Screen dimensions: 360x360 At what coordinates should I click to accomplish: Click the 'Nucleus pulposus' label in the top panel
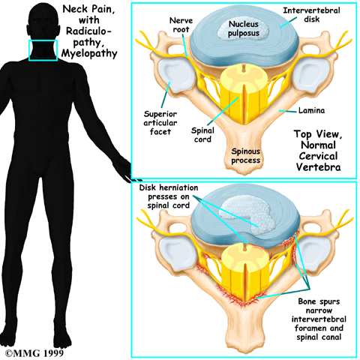click(244, 28)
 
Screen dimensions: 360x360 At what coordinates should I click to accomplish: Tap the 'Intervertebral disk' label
click(311, 14)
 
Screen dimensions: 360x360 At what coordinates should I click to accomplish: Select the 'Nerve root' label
click(181, 25)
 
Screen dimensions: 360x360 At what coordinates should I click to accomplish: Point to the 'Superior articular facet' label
click(160, 123)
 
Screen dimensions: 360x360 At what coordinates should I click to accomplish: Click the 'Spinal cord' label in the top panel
click(202, 134)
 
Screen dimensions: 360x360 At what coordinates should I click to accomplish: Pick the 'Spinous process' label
click(246, 155)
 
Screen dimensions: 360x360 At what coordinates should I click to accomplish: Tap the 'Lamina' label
click(312, 110)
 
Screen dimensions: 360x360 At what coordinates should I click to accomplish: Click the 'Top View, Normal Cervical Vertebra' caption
click(318, 150)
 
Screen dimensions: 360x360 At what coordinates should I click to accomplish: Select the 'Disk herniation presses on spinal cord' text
click(169, 196)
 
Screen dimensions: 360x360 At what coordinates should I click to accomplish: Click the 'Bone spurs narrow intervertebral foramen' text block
click(319, 319)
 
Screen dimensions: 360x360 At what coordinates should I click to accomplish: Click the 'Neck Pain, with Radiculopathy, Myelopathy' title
click(89, 31)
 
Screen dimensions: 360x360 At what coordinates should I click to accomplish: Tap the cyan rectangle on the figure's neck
click(43, 40)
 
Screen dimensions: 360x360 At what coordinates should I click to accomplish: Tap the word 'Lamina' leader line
click(288, 111)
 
